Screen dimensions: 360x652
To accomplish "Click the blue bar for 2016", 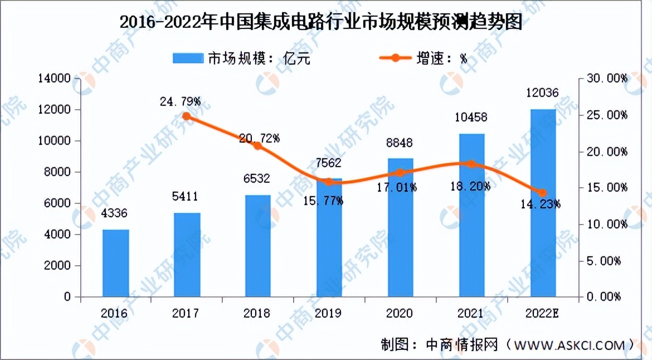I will click(115, 263).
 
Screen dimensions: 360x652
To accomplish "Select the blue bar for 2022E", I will click(543, 203).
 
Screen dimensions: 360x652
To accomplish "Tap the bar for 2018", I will click(257, 246).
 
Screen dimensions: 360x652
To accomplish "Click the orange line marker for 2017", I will click(187, 116).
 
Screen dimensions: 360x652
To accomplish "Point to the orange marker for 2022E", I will click(543, 193).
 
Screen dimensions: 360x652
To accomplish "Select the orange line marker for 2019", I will click(329, 182).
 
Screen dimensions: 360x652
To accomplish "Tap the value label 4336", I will click(115, 213).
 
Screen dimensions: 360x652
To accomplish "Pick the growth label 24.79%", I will click(180, 101).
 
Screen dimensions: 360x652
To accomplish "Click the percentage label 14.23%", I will click(540, 205).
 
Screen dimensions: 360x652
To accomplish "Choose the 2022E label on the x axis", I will click(543, 314).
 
